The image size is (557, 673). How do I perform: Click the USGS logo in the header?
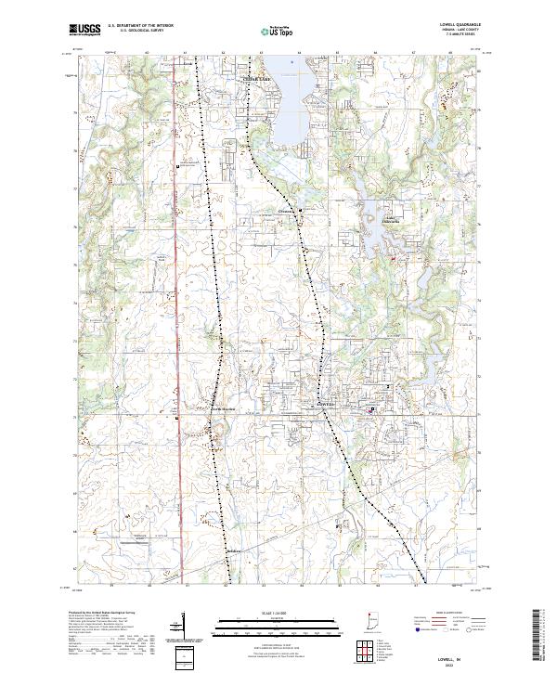click(84, 30)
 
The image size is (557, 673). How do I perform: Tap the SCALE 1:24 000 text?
click(277, 611)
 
